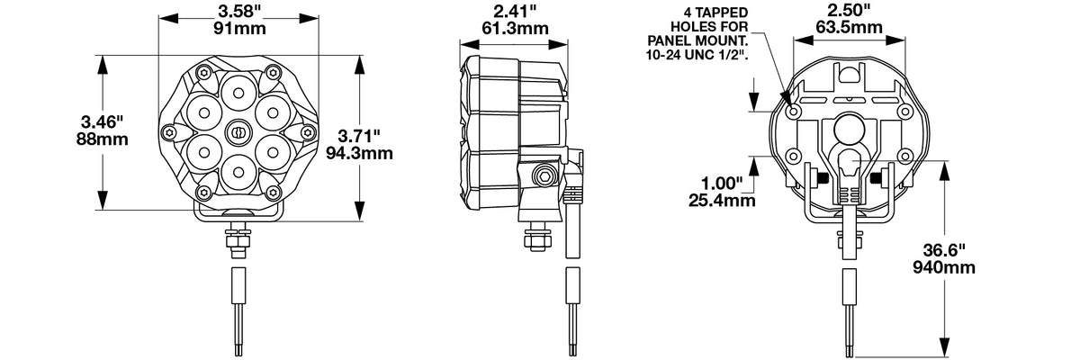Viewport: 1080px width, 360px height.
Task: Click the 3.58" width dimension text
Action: [x=238, y=11]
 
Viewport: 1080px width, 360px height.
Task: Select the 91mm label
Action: [x=239, y=29]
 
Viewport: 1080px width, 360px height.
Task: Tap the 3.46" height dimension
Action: [x=103, y=121]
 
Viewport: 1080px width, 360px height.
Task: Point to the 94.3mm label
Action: [x=359, y=153]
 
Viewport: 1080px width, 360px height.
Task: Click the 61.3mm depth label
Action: [x=515, y=29]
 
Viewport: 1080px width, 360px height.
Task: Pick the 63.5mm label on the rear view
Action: [x=849, y=27]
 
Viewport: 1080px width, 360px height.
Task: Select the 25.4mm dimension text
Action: [x=722, y=200]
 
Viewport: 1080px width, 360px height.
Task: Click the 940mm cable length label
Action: [x=943, y=267]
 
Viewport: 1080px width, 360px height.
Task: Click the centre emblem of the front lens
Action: [x=238, y=132]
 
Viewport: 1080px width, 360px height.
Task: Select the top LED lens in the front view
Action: [x=238, y=92]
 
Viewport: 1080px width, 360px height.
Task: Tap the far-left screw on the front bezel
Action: [x=169, y=131]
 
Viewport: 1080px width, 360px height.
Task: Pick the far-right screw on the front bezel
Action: [x=308, y=131]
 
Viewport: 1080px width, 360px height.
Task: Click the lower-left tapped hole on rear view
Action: [x=793, y=156]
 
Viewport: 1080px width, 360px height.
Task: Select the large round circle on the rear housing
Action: [x=850, y=128]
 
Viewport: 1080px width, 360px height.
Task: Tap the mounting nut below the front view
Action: [x=238, y=238]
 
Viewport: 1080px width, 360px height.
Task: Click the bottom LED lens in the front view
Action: [x=238, y=172]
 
